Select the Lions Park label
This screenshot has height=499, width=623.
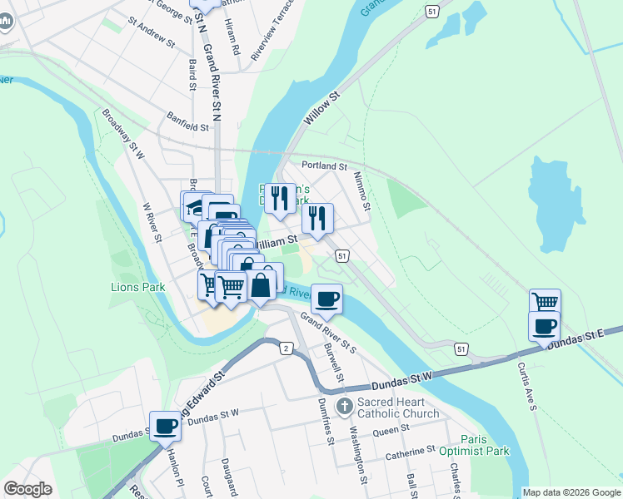coord(137,287)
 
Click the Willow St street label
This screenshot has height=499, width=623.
coord(322,109)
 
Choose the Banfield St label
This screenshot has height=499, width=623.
coord(187,122)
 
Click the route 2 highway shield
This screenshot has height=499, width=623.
coord(286,348)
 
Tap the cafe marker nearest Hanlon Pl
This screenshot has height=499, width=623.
coord(165,426)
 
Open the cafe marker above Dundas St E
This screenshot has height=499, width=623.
coord(544,325)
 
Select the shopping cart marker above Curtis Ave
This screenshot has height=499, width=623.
coord(545,302)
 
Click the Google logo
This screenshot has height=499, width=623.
coord(27,489)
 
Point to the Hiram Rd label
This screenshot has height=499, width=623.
coord(235,43)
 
